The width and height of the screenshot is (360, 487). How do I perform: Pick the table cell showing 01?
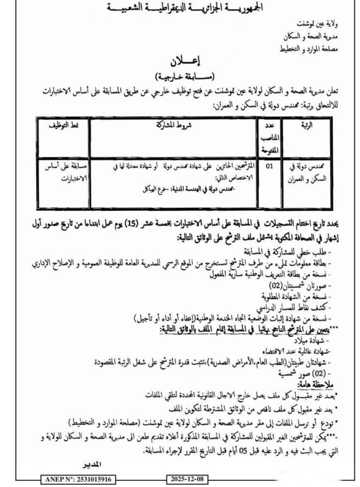(270, 167)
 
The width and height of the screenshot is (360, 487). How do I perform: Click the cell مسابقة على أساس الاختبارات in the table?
(64, 172)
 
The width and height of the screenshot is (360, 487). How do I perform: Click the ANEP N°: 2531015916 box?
(79, 479)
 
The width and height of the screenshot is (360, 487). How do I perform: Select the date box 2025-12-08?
(186, 479)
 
